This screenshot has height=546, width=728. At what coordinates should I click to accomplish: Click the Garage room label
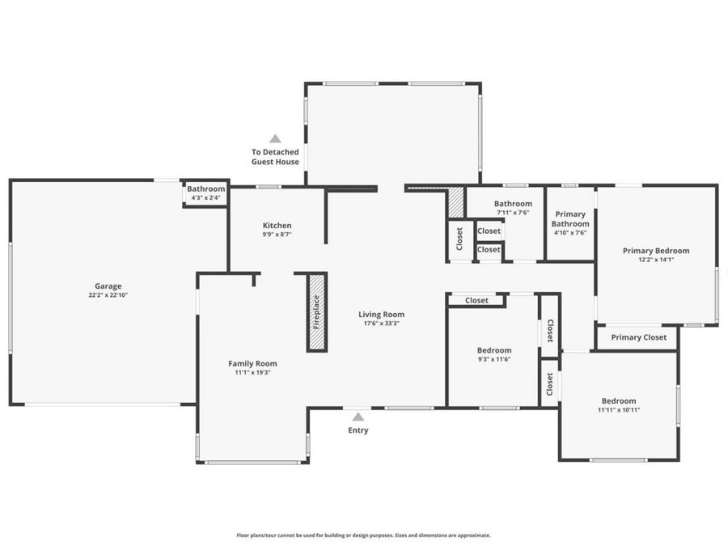point(108,286)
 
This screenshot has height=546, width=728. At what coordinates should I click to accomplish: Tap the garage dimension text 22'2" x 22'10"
point(108,295)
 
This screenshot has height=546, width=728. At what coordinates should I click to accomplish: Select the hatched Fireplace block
point(316,312)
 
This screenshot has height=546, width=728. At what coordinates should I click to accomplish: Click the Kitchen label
point(277,226)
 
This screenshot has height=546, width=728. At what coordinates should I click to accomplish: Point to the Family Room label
point(252,363)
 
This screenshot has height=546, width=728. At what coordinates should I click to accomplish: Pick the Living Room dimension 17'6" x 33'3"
point(381,324)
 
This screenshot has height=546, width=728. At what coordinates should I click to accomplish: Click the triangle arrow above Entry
point(358,417)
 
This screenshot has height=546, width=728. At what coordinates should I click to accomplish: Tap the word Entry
point(358,430)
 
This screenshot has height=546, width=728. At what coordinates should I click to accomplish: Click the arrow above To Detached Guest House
point(275,138)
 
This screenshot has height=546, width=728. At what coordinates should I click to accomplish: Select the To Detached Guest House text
point(275,157)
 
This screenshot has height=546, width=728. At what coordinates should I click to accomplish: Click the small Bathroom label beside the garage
point(206,189)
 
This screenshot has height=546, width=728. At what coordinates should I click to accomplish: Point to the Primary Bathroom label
point(570,218)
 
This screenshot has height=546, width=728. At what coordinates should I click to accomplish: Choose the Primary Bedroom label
point(656,251)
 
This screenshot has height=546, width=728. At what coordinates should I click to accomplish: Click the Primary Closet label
point(638,337)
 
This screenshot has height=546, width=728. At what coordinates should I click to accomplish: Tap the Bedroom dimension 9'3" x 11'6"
point(493,360)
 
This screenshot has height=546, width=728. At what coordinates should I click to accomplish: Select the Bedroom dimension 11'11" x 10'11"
point(618,410)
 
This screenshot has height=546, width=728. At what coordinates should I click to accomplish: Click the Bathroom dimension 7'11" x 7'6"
point(513,214)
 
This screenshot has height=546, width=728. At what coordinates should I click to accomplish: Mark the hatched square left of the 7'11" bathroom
point(456,202)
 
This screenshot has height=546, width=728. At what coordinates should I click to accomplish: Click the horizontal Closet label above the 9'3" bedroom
point(476,300)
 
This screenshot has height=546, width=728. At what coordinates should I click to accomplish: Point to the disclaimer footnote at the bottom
point(363,535)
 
